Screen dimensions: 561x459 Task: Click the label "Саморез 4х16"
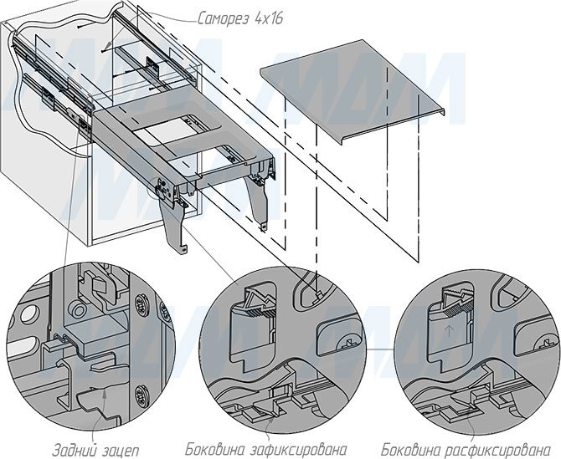[240, 18]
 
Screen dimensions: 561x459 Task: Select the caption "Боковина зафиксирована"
[266, 449]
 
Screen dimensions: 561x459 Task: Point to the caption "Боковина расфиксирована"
[466, 449]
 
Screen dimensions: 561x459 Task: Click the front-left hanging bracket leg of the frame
[172, 226]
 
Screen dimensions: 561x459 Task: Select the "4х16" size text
[268, 18]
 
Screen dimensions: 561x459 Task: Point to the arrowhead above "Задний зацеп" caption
[105, 393]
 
